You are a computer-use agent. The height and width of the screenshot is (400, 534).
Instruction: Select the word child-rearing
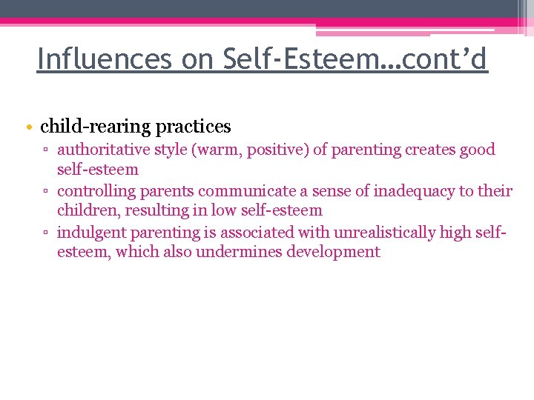(x=96, y=127)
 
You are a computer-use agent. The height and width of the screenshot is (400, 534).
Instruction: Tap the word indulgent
(x=91, y=233)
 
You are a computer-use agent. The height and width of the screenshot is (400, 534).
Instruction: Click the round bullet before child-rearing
(x=28, y=127)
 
